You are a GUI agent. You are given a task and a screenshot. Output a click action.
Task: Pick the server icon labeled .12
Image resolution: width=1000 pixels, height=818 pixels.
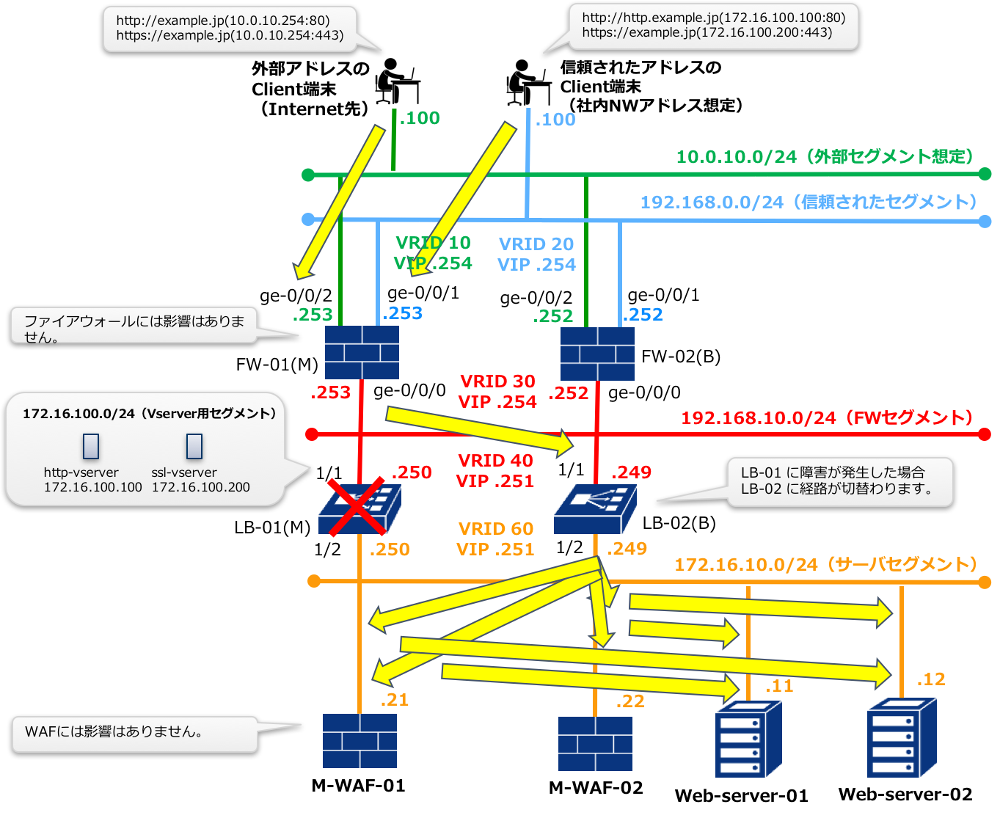pyautogui.click(x=901, y=737)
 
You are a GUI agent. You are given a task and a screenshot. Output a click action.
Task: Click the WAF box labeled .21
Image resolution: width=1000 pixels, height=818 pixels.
pyautogui.click(x=360, y=741)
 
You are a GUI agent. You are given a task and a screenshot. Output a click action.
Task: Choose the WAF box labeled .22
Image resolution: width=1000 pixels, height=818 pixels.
pyautogui.click(x=595, y=744)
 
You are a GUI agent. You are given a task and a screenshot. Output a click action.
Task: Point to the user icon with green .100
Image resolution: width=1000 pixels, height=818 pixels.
pyautogui.click(x=397, y=81)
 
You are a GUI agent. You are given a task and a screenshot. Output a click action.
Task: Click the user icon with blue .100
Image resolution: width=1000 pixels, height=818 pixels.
pyautogui.click(x=528, y=82)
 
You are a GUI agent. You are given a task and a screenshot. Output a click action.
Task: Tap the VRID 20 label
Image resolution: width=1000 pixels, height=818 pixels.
pyautogui.click(x=536, y=244)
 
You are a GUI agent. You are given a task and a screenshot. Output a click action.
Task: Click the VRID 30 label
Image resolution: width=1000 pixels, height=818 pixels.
pyautogui.click(x=497, y=381)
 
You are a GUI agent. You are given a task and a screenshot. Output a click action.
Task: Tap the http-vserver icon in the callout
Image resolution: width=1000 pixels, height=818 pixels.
pyautogui.click(x=91, y=446)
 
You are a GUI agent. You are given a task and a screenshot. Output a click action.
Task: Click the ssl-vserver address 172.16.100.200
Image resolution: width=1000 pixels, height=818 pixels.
pyautogui.click(x=200, y=487)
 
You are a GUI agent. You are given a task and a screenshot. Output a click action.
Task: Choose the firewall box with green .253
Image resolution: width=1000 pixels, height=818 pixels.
pyautogui.click(x=362, y=352)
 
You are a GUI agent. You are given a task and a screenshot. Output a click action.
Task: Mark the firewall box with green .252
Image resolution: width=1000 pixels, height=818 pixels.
pyautogui.click(x=597, y=354)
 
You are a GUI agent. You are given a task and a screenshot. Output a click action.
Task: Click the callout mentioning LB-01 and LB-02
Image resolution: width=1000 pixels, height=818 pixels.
pyautogui.click(x=839, y=482)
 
